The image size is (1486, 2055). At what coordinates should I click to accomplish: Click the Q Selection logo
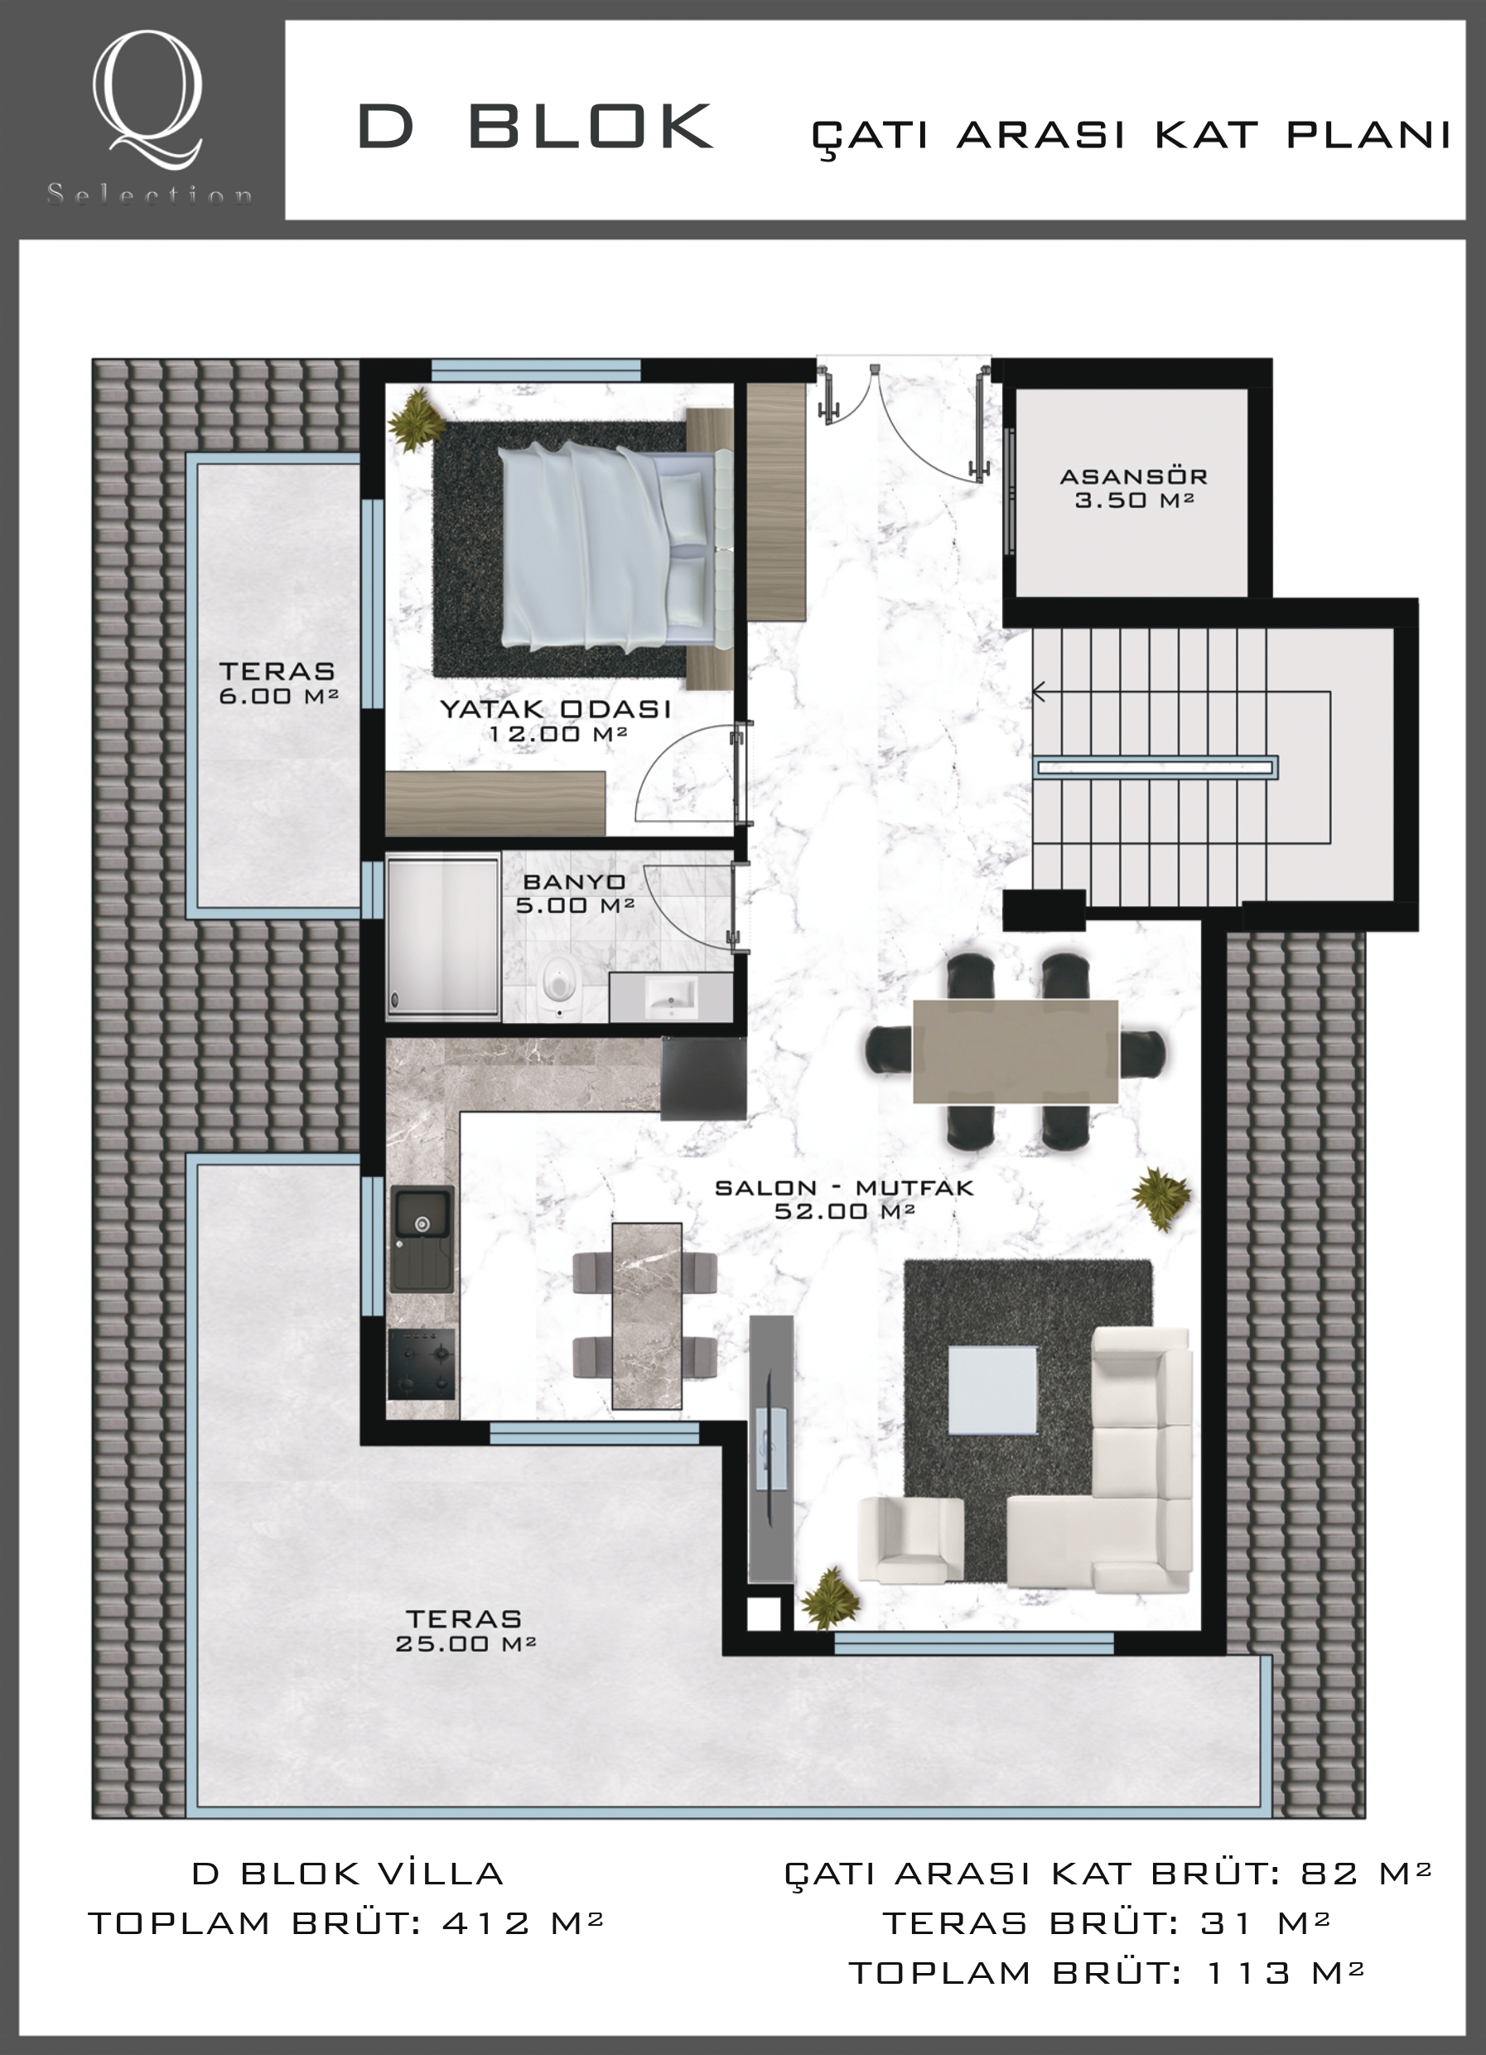click(148, 118)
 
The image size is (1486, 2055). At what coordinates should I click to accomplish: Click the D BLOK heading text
click(535, 126)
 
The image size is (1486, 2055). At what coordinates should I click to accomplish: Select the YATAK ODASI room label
click(556, 708)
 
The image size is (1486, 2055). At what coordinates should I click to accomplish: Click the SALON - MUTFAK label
click(843, 1188)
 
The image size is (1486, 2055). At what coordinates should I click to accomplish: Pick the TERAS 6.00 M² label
click(278, 683)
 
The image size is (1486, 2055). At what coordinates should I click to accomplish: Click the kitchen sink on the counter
click(422, 1238)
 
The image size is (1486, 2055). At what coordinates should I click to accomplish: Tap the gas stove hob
click(422, 1364)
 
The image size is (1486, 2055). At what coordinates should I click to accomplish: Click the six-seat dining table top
click(1015, 1051)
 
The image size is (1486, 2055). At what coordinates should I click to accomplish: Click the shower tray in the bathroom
click(443, 936)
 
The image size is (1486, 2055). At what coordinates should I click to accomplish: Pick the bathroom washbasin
click(672, 998)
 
